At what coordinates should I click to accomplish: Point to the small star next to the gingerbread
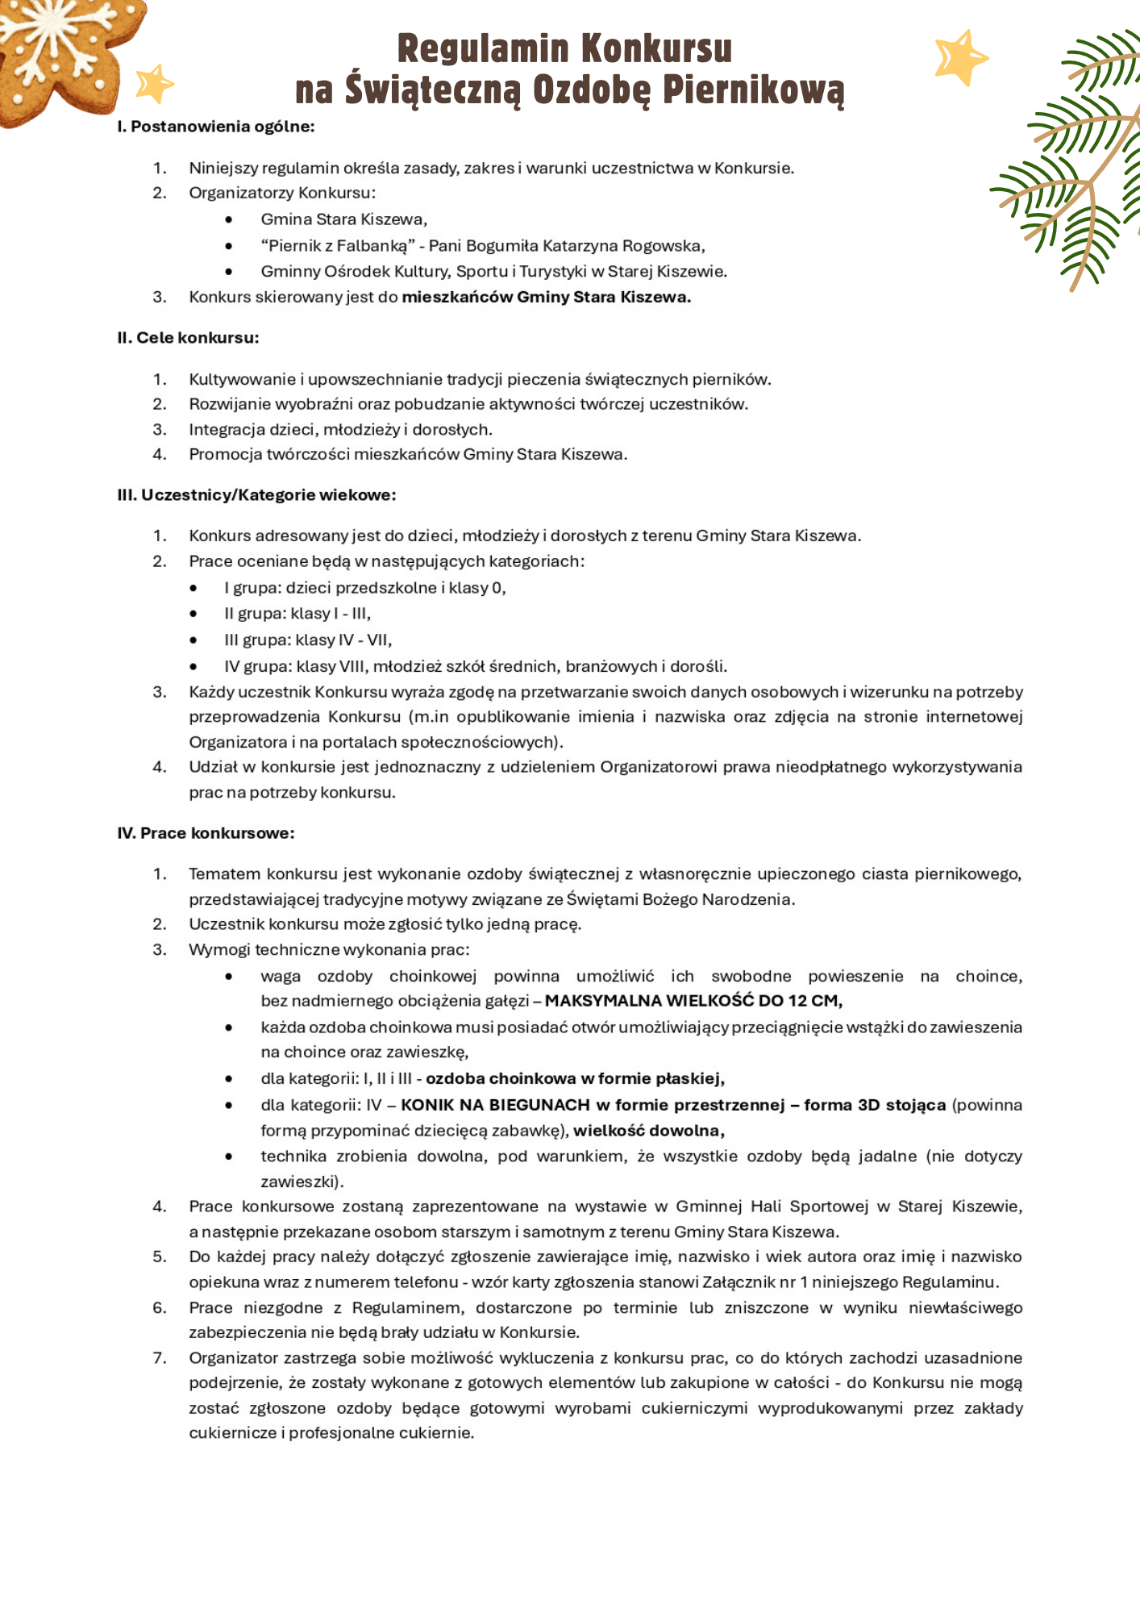154,84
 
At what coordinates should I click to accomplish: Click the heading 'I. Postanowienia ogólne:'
215,127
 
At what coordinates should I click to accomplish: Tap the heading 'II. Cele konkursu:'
188,338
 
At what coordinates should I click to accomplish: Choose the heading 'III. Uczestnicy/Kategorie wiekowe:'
256,495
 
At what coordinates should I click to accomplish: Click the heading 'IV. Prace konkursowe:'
206,833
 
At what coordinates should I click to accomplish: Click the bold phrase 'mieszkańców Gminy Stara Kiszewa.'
546,298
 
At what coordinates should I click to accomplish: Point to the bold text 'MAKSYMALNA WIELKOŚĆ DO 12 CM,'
693,1001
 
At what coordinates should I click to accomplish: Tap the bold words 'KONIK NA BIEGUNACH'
495,1105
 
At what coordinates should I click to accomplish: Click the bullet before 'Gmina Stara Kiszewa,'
229,220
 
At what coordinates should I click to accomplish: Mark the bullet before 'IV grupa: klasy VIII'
193,667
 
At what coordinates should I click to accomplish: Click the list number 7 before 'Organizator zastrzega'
160,1358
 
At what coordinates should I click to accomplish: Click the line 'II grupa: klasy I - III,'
297,614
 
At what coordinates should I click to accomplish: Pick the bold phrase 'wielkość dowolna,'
648,1131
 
